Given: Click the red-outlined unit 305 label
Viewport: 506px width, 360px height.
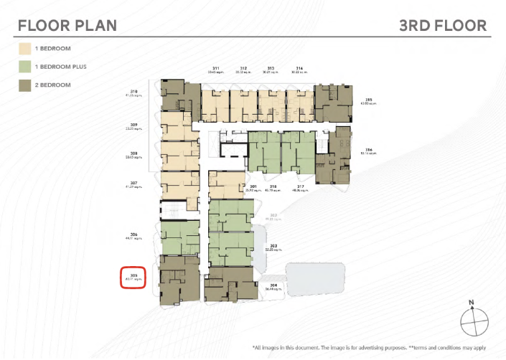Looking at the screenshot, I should (133, 275).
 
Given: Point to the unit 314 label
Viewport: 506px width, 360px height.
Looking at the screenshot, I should (299, 67).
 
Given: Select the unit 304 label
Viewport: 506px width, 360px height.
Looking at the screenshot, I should (273, 285).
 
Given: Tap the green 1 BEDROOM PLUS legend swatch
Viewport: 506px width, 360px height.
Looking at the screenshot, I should (27, 68).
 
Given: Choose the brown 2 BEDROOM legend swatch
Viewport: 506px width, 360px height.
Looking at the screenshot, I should (27, 86).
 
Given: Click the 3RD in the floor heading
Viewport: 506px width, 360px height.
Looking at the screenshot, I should (419, 26).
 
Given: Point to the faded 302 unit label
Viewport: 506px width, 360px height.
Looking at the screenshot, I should (273, 216).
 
